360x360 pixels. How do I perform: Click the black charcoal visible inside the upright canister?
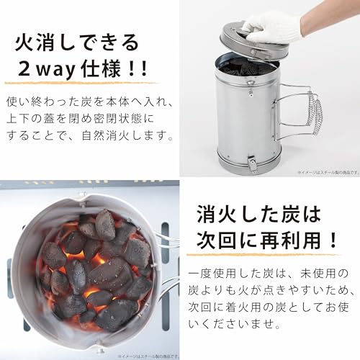point(245,68)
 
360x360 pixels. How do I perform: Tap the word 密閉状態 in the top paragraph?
point(126,117)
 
